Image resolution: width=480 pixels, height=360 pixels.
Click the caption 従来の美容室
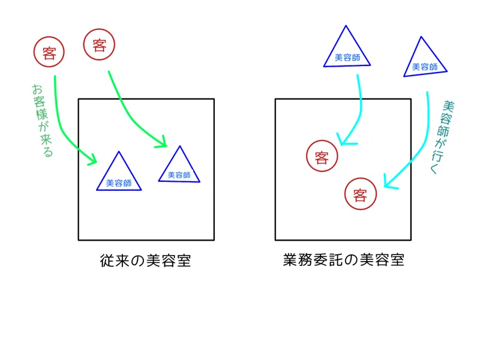coord(145,260)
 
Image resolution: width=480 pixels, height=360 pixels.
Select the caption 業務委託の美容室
coord(343,260)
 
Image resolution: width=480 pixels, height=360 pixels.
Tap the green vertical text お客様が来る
coord(42,121)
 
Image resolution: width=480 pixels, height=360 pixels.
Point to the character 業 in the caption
coord(290,260)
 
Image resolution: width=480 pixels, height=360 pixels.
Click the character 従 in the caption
coord(107,261)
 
